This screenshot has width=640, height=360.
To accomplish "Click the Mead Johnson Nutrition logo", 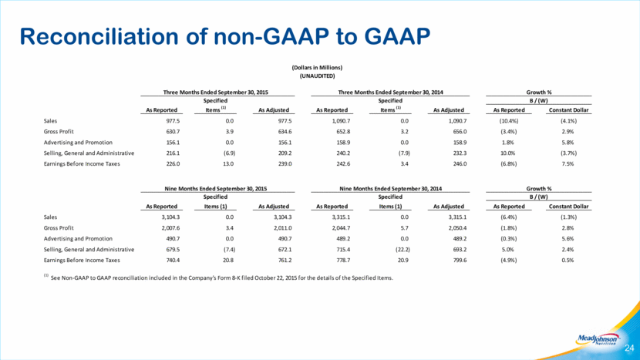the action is [x=598, y=339].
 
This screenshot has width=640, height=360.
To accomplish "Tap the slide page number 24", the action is [x=629, y=348].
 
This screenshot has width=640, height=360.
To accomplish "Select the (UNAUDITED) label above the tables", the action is [x=317, y=76].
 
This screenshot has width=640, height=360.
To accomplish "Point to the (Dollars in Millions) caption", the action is [x=317, y=67].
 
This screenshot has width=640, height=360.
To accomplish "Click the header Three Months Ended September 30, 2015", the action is [x=215, y=93].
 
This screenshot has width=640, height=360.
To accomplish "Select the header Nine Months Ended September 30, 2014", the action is [x=391, y=189].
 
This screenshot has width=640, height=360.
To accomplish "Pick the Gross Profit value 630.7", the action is [x=172, y=131].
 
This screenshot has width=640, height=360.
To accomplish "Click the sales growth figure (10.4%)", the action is [x=509, y=121].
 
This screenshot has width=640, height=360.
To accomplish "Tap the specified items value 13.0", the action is [x=228, y=163].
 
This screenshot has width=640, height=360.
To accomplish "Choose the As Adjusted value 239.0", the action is [x=285, y=163].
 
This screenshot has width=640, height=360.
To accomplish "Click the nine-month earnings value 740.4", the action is [x=172, y=260].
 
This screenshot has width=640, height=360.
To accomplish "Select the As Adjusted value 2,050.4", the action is [x=456, y=227].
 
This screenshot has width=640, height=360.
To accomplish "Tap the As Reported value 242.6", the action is [x=342, y=163].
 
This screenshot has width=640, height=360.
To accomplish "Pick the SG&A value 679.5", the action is [x=172, y=250].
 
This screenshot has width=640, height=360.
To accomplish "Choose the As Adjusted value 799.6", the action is [x=460, y=260].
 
